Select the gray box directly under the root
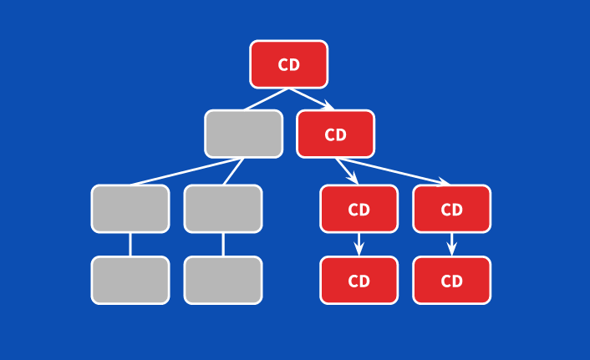(243, 134)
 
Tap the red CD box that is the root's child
(335, 134)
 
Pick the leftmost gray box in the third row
(130, 209)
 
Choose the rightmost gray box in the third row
(223, 209)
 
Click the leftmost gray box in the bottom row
(130, 280)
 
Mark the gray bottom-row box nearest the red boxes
(223, 280)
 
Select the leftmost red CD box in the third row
(359, 209)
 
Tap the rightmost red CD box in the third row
(451, 209)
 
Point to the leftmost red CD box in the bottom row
(359, 280)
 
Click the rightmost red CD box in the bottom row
(451, 280)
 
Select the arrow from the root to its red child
(312, 99)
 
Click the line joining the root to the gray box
(267, 99)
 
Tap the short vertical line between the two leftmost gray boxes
(130, 244)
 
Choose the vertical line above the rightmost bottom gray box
(223, 244)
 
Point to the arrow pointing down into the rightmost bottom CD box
(451, 244)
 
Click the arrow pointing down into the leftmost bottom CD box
(359, 244)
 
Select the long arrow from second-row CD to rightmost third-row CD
(393, 170)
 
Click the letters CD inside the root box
(288, 65)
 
